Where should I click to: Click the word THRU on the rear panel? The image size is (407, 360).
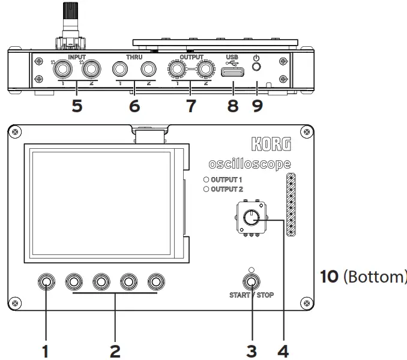(134, 58)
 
